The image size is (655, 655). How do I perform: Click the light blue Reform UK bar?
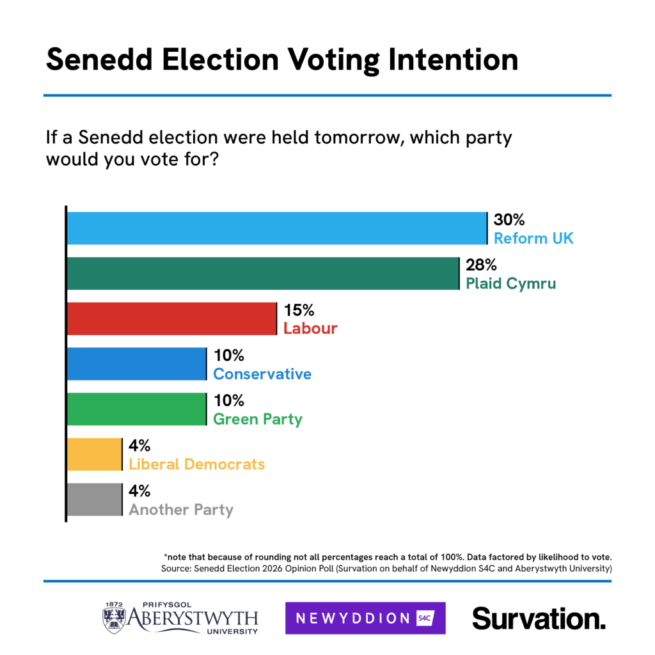click(277, 228)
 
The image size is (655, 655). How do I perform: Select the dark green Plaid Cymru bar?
click(263, 273)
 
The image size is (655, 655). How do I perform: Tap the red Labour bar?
click(171, 319)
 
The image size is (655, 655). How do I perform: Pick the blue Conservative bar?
click(136, 364)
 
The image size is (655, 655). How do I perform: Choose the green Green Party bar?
click(136, 409)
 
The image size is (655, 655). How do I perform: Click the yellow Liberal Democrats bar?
click(95, 455)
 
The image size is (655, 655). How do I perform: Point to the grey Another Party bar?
click(95, 500)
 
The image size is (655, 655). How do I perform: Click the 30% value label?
click(509, 220)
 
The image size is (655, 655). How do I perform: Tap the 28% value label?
click(482, 265)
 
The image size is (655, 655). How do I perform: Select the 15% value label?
click(299, 311)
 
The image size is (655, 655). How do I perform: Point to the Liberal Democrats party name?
click(197, 464)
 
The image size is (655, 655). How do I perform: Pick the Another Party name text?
click(181, 510)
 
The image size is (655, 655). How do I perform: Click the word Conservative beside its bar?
click(262, 374)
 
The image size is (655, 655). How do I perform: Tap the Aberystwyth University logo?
click(180, 618)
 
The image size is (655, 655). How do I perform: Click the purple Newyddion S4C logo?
click(365, 618)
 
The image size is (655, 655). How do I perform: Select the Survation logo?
click(539, 619)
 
